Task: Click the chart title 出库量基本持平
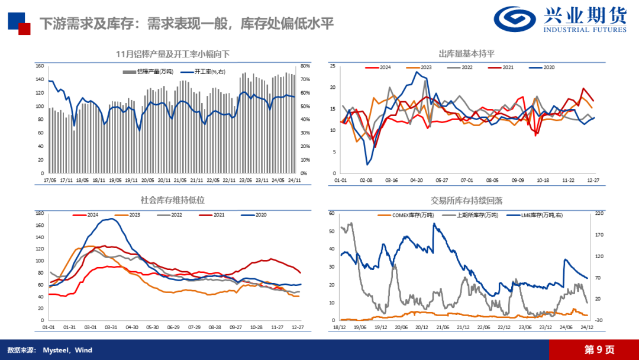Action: click(466, 54)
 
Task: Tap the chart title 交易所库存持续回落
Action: click(466, 201)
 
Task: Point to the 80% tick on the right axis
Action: click(305, 66)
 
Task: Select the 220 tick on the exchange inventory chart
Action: click(598, 213)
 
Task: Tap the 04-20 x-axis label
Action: click(416, 179)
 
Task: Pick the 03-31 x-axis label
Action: click(110, 327)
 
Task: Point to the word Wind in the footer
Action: click(83, 350)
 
